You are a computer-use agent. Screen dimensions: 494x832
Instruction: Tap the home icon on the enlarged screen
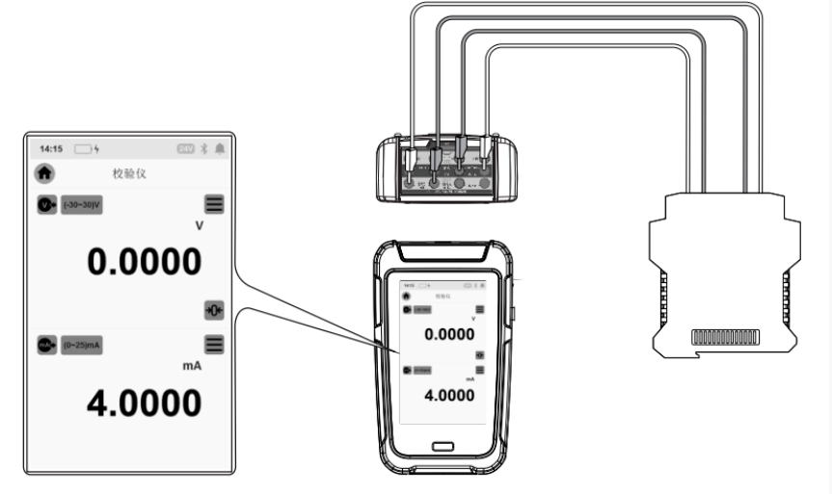pos(45,174)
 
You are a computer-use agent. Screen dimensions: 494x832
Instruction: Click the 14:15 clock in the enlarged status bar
pos(51,149)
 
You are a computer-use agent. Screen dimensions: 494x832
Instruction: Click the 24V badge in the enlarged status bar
pos(187,149)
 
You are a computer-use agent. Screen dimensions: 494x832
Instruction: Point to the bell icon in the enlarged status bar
pos(220,149)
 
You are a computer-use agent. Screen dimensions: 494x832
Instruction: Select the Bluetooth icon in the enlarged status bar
pos(204,149)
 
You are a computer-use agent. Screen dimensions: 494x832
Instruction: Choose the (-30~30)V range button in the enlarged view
pos(83,205)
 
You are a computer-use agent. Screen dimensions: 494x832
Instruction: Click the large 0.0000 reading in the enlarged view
pos(145,261)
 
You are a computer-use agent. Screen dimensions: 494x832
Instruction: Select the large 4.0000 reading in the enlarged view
pos(145,403)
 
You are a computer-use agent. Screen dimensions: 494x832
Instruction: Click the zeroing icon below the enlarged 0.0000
pos(213,309)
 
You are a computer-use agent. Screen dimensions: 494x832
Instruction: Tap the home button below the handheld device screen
pos(443,447)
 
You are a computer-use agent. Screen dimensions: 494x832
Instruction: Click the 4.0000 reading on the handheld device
pos(449,395)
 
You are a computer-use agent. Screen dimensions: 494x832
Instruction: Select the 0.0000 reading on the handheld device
pos(449,334)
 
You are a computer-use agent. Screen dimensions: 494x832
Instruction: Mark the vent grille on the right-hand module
pos(722,337)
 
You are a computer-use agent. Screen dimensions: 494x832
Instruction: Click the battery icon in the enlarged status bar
pos(87,149)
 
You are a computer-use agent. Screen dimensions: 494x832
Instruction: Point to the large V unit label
pos(200,225)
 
